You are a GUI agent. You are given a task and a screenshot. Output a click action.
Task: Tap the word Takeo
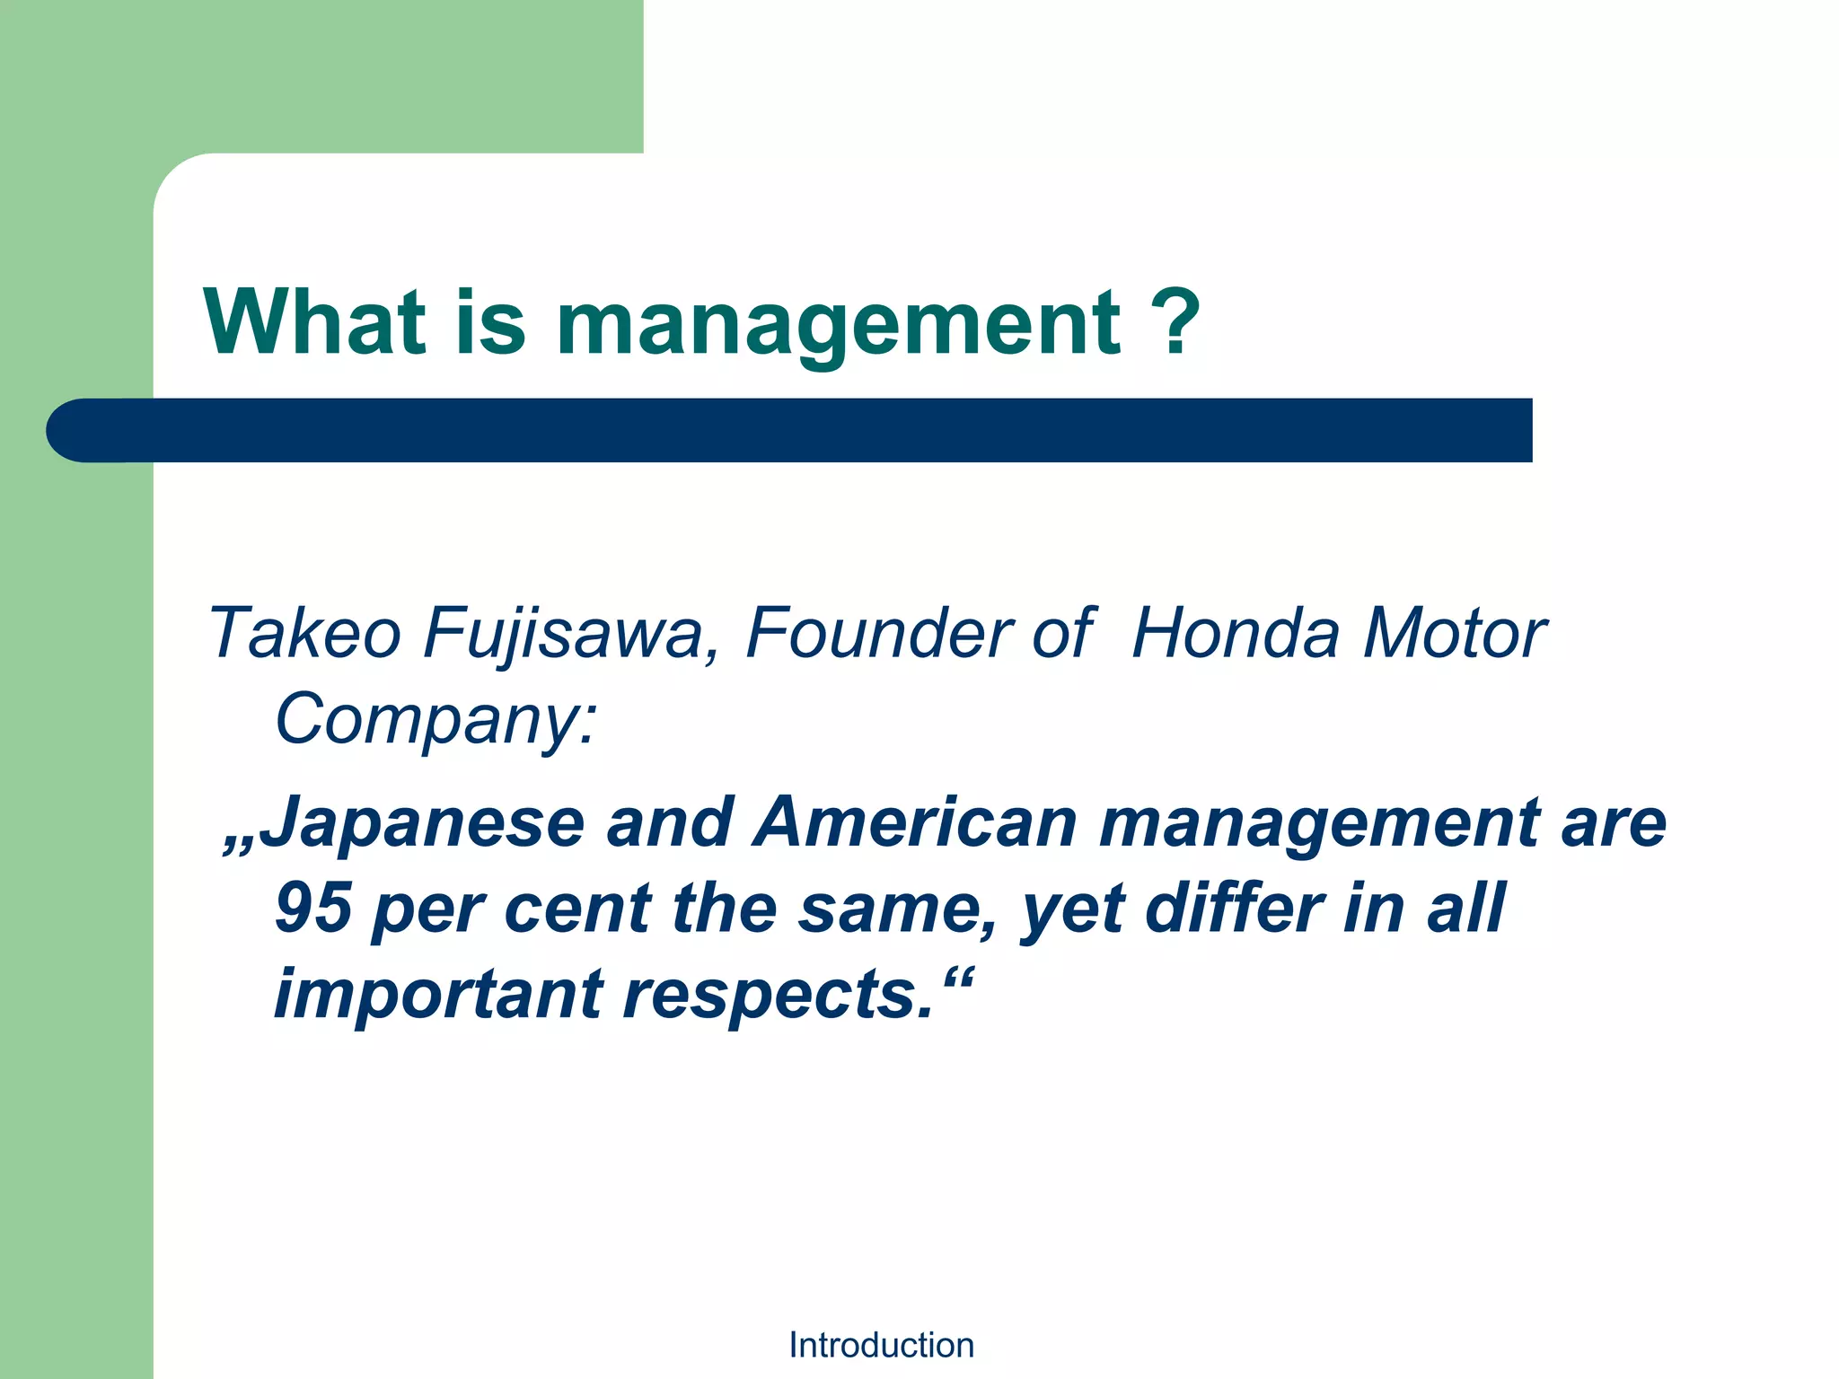click(x=304, y=633)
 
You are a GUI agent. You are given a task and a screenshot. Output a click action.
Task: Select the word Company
click(x=435, y=721)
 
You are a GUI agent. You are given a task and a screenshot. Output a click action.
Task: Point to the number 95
click(x=312, y=908)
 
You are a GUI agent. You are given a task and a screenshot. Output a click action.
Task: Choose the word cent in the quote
click(x=577, y=909)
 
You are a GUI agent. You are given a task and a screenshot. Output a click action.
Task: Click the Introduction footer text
click(x=881, y=1345)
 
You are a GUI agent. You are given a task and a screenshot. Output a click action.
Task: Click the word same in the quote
click(x=897, y=909)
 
